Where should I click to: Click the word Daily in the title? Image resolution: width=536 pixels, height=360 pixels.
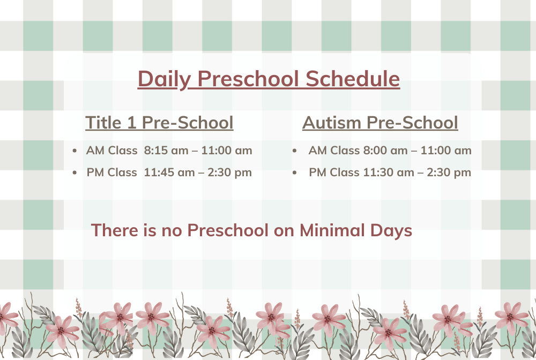[x=163, y=79]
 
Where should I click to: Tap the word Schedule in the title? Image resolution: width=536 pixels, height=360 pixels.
[x=353, y=79]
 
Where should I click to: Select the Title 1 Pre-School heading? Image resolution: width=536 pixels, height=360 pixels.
[x=159, y=122]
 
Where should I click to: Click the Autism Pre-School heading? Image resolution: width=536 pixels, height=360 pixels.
[x=380, y=122]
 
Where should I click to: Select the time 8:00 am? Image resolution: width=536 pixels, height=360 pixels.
[x=385, y=151]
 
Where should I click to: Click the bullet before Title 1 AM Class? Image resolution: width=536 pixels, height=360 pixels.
[x=75, y=151]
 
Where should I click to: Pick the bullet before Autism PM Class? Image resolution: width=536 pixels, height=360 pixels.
[x=295, y=173]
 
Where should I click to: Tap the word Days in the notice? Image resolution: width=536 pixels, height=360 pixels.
[x=391, y=231]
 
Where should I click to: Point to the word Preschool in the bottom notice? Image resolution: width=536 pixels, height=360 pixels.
[x=228, y=230]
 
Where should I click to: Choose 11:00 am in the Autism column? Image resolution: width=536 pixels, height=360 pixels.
[x=446, y=151]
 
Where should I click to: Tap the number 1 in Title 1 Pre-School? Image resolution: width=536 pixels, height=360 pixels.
[x=131, y=122]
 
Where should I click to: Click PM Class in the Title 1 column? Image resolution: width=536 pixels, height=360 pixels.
[x=112, y=172]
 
